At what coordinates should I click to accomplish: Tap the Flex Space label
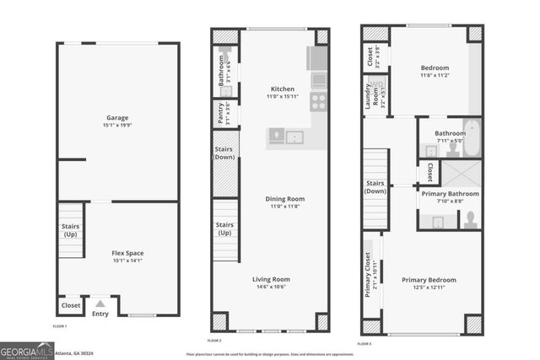click(x=129, y=252)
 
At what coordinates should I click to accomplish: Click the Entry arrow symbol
click(x=100, y=304)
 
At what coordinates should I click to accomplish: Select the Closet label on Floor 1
click(x=71, y=305)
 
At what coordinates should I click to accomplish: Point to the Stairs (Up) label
click(x=70, y=229)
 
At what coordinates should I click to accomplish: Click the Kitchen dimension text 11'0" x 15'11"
click(x=282, y=97)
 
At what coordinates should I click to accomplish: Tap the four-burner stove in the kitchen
click(x=319, y=102)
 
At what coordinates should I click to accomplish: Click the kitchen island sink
click(x=294, y=136)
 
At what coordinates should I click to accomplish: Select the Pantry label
click(x=222, y=111)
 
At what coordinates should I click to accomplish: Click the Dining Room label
click(x=285, y=199)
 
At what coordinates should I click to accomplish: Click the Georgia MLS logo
click(x=27, y=350)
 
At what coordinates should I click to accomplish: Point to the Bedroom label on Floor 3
click(x=435, y=67)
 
